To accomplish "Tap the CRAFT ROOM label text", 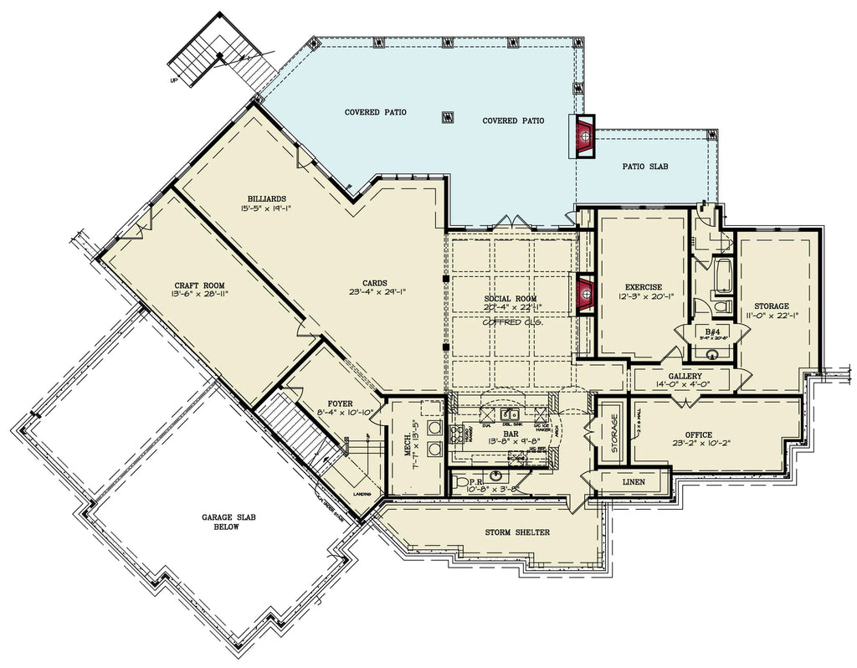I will (198, 285).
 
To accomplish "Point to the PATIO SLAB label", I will (644, 167).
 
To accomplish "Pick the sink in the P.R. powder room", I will (496, 476).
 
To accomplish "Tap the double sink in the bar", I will (508, 414).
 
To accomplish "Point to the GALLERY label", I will (685, 377).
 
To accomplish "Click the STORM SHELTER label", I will (517, 532).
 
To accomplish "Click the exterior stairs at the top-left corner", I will (223, 54).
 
